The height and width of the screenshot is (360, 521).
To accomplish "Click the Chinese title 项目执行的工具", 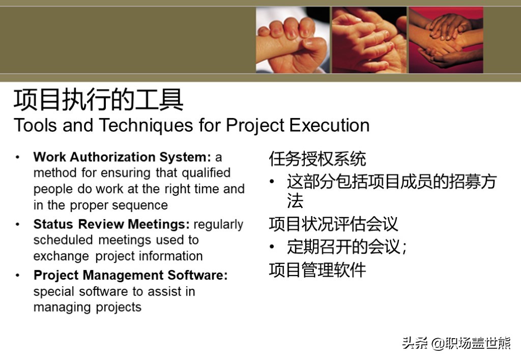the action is point(98,100).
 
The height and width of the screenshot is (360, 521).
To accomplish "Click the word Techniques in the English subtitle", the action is point(146,125).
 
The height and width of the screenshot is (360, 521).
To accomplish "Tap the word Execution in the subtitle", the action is point(329,125).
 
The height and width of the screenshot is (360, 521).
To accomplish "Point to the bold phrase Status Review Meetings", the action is point(111,224).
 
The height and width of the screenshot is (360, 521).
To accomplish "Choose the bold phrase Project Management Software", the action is point(131,275).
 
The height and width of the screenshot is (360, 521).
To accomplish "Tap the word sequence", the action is point(140,205).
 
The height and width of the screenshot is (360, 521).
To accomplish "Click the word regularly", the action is point(218,225).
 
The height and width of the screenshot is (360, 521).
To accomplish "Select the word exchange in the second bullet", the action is point(61,256).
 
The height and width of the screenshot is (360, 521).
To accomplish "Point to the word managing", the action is point(60,308).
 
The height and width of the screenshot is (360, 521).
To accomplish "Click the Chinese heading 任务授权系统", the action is point(317,159).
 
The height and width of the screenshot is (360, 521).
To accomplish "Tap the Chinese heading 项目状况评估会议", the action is point(333,224).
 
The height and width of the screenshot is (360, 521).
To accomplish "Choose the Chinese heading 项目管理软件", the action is point(317,269).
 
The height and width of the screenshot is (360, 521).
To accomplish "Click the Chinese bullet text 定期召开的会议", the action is point(344,247).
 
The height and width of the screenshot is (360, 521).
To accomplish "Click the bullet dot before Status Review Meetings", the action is point(18,225).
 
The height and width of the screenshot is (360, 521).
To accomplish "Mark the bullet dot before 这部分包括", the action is point(272,182).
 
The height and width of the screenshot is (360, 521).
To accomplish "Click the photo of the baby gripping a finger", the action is point(293,40).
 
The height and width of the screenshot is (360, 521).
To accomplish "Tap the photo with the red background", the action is point(446,40).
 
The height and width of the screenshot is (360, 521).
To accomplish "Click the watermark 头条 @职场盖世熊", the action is point(456,343).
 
